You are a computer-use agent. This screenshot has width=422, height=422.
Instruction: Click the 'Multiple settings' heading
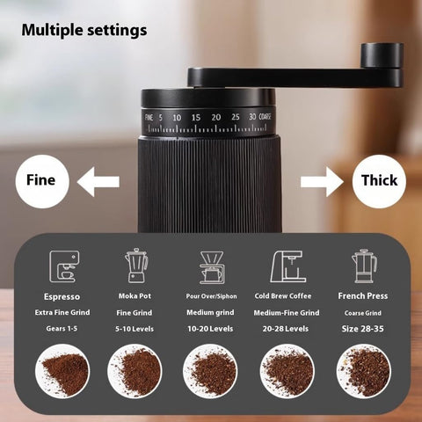tap(84, 30)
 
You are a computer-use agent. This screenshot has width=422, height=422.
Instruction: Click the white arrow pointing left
tap(98, 182)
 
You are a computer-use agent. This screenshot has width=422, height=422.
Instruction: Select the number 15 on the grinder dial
tap(196, 117)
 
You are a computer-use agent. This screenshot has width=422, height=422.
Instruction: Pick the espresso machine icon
tap(62, 265)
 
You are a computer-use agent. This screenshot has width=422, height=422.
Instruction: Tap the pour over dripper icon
tap(211, 266)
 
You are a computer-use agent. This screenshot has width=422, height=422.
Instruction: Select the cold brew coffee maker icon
tap(287, 265)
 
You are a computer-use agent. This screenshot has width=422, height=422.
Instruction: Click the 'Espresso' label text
tap(62, 296)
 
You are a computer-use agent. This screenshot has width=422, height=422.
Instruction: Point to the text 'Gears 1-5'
tap(62, 328)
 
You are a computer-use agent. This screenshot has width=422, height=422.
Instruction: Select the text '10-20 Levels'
tap(211, 328)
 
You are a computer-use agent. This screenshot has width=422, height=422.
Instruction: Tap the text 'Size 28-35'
tap(363, 328)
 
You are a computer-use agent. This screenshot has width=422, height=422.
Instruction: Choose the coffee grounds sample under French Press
tap(363, 371)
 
